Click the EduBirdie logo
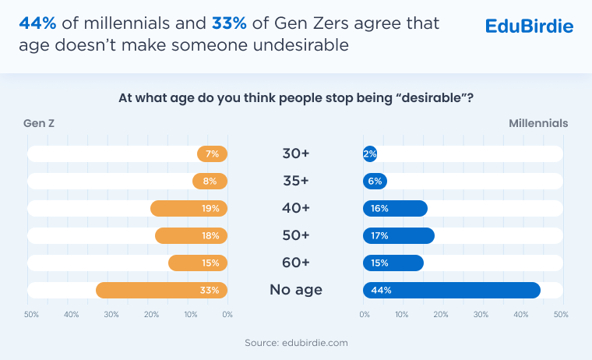tap(529, 26)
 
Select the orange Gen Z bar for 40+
tap(189, 208)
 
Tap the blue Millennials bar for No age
tap(452, 290)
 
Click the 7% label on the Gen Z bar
tap(212, 154)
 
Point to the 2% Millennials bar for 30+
tap(370, 154)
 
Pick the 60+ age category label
tap(295, 263)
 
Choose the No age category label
tap(295, 290)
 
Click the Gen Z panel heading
tap(39, 123)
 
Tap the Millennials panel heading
tap(538, 123)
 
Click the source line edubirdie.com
tap(295, 342)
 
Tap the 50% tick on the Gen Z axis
tap(31, 315)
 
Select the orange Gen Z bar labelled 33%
tap(161, 290)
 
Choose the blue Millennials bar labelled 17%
tap(399, 235)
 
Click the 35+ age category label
tap(295, 181)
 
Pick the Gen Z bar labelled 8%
tap(210, 181)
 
